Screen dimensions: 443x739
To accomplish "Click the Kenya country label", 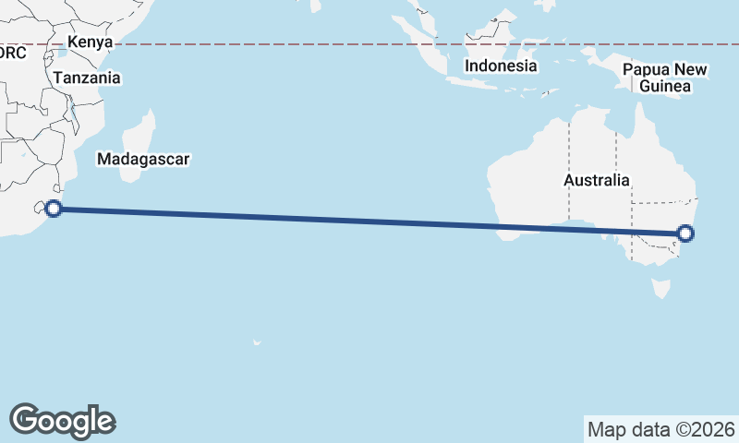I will (90, 42).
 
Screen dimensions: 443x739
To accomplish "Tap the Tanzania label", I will (86, 78).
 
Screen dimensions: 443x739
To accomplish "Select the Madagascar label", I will (143, 159).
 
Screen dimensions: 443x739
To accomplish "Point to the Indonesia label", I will (500, 66).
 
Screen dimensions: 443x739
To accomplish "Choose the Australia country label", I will (597, 181).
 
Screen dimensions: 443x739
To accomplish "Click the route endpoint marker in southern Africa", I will (54, 209).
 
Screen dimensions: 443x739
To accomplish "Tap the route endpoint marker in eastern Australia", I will (685, 233).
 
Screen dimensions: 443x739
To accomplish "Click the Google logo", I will (62, 420).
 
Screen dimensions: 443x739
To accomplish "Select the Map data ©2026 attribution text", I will (661, 429).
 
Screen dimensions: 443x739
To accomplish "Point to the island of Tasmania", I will (661, 289).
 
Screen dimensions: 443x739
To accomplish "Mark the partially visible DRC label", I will (13, 54).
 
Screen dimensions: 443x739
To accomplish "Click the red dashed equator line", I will (277, 44).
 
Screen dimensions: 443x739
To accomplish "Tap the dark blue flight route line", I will (369, 221).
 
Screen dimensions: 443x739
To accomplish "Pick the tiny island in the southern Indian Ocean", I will (256, 343).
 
